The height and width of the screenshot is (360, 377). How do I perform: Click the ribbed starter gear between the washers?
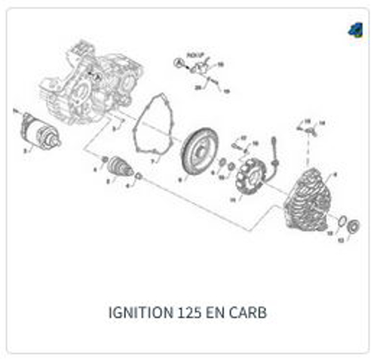pos(121,167)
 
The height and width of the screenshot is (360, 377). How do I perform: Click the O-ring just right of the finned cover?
pos(340,222)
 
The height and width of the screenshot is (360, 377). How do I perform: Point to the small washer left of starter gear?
pos(105,158)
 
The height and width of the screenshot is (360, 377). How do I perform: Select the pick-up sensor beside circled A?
pos(199,69)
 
